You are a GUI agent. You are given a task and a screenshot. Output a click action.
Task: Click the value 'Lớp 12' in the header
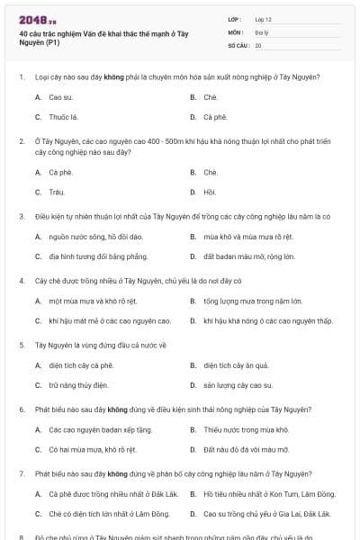point(264,19)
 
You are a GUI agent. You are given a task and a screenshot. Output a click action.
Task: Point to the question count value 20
point(258,45)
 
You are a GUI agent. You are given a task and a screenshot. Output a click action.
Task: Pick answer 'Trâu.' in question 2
point(58,191)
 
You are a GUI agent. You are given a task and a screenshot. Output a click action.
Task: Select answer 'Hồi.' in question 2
point(210,191)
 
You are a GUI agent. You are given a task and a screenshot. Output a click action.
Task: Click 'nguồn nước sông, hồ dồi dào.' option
point(96,237)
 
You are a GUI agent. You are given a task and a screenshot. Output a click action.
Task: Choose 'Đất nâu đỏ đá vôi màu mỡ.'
point(246,449)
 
